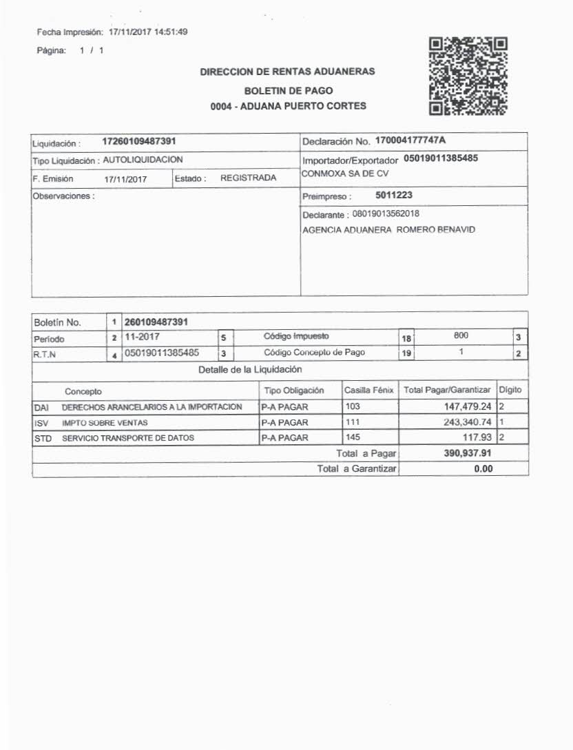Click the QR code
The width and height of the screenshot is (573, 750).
[x=468, y=76]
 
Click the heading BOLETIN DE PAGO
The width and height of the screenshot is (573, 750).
[x=289, y=91]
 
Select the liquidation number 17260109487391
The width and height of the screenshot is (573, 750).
[x=139, y=141]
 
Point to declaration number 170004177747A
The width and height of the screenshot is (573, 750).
[x=410, y=141]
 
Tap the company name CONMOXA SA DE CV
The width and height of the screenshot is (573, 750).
[x=345, y=174]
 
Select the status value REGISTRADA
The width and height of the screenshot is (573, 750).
[x=248, y=178]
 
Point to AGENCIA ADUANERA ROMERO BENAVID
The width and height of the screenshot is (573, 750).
[x=389, y=229]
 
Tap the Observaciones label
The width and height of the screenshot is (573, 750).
[x=63, y=196]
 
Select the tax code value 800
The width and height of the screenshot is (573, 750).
[x=461, y=335]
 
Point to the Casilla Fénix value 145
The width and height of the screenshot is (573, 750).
[x=353, y=437]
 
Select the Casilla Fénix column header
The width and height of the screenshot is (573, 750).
[x=368, y=390]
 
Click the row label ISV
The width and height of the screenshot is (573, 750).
[x=41, y=422]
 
